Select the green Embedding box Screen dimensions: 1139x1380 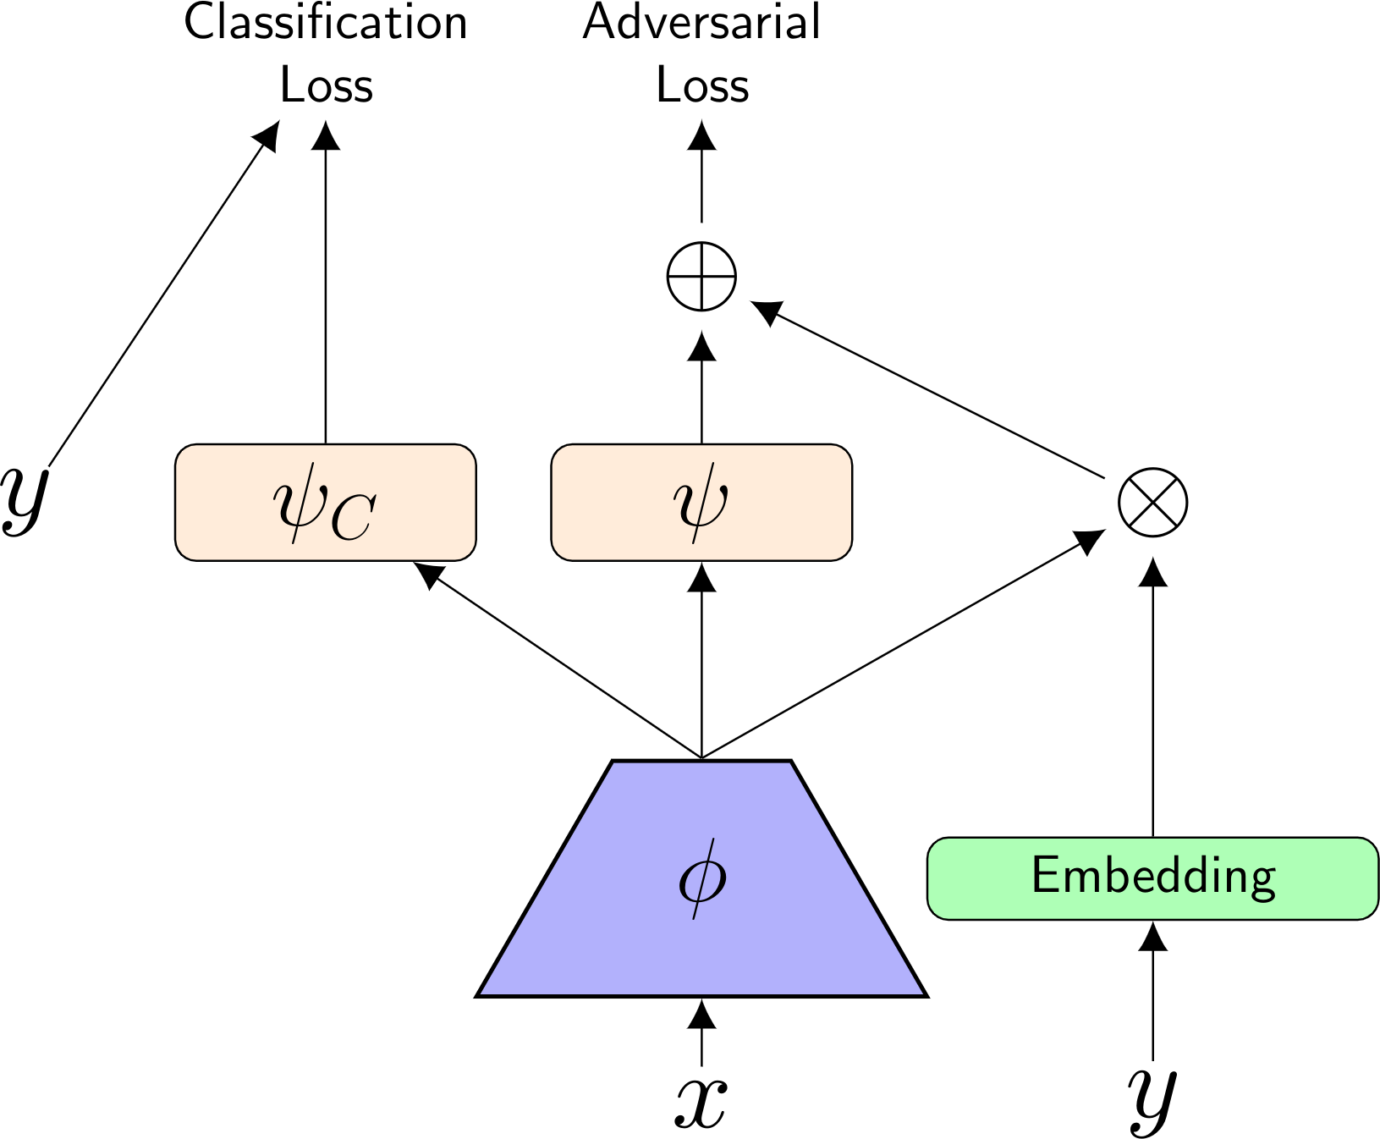[x=1152, y=878]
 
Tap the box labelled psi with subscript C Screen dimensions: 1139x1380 [x=326, y=502]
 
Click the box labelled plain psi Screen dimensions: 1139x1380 [x=701, y=502]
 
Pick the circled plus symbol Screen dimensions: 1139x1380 [x=701, y=277]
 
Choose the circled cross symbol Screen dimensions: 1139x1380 [x=1152, y=503]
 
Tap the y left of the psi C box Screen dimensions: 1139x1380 [x=24, y=499]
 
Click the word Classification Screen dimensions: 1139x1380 [x=326, y=22]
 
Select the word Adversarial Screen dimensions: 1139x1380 [x=701, y=22]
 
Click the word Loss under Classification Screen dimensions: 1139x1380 [x=326, y=85]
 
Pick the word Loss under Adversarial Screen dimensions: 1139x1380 [x=702, y=85]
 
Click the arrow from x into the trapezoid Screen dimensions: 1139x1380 [x=701, y=1032]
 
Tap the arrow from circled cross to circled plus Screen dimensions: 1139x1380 [x=931, y=390]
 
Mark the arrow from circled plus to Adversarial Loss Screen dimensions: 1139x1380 [x=701, y=173]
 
